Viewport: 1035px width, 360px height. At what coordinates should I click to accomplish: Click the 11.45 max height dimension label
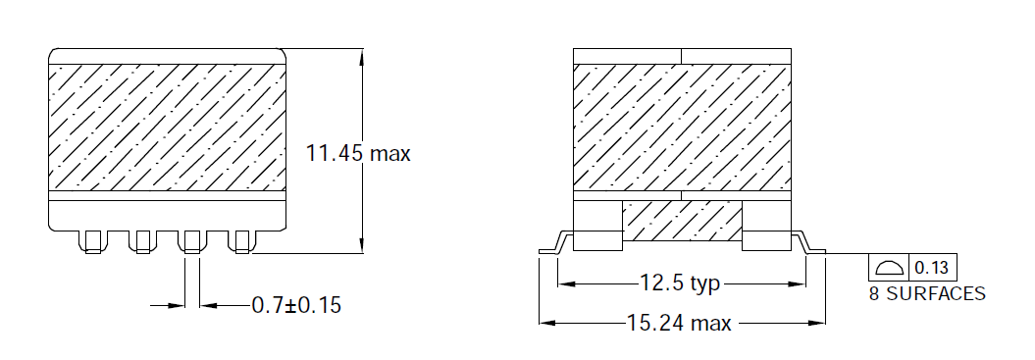[358, 153]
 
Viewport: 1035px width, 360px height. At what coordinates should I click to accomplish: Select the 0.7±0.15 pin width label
[296, 305]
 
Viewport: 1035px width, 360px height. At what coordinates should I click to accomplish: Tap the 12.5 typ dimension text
[679, 283]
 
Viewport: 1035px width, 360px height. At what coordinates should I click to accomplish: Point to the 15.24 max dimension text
[679, 324]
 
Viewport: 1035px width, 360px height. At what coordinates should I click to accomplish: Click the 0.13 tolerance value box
[933, 268]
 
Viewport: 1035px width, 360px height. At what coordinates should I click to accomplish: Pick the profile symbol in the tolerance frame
[889, 268]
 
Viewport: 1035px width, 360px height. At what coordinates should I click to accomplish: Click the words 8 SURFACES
[927, 294]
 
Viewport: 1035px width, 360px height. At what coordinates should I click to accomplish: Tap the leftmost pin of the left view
[92, 241]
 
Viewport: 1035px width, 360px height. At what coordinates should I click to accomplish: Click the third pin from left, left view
[192, 241]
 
